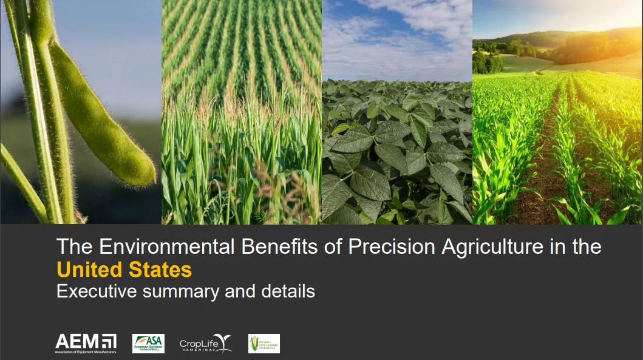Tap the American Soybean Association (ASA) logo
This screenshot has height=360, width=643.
click(148, 344)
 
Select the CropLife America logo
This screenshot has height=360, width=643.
click(205, 344)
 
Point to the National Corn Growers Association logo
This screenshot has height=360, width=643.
click(264, 344)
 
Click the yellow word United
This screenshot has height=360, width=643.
click(87, 269)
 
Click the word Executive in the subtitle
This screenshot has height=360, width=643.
click(97, 291)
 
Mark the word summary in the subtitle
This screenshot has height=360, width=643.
click(181, 292)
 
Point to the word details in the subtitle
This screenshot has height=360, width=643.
click(288, 291)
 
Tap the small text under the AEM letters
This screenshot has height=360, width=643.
click(86, 351)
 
